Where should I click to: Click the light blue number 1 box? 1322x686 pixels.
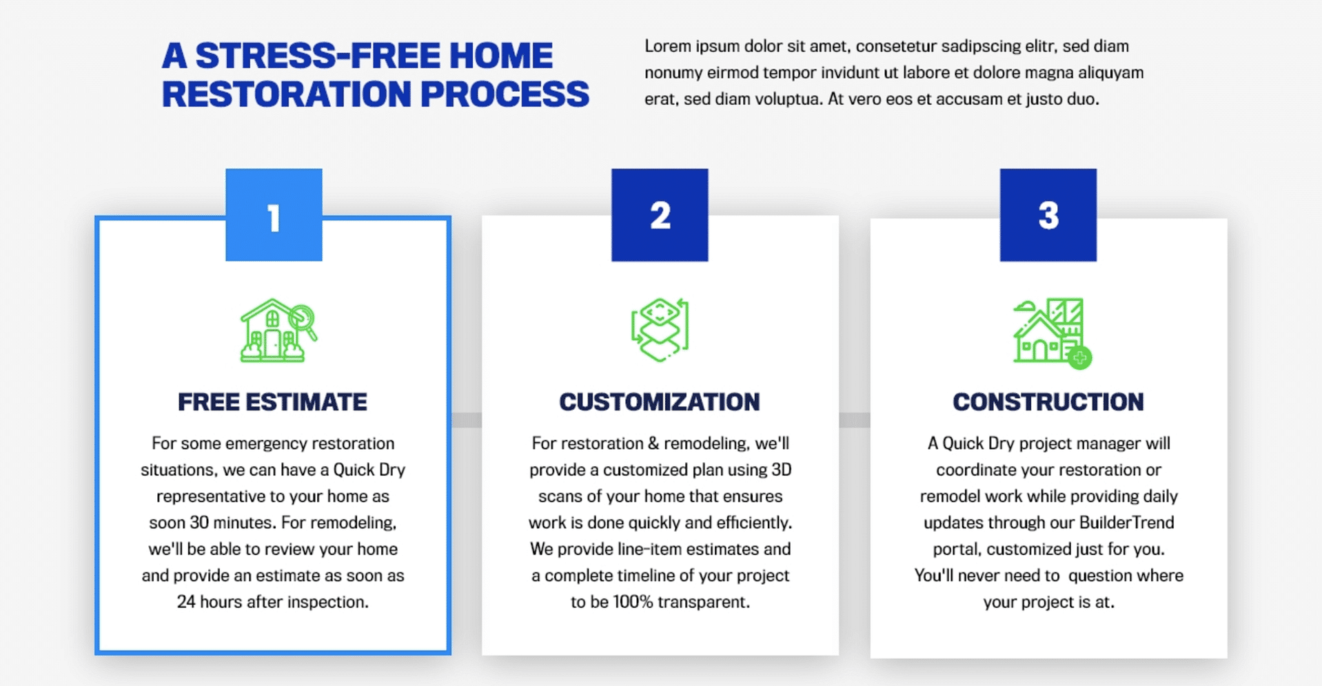(x=274, y=215)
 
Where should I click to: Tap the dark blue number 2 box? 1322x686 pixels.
(x=660, y=215)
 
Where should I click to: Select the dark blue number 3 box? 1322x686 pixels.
(x=1048, y=215)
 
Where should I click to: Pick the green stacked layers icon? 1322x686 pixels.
(x=660, y=330)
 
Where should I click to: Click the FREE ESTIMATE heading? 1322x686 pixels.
(x=272, y=402)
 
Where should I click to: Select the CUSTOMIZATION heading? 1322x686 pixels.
(x=660, y=402)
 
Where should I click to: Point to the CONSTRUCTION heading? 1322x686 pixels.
(x=1048, y=402)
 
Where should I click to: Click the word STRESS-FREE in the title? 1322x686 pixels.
(x=317, y=56)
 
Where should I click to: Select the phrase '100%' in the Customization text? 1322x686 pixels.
(x=632, y=602)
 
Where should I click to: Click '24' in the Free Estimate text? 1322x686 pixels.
(x=186, y=602)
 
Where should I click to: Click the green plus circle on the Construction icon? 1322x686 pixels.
(x=1080, y=357)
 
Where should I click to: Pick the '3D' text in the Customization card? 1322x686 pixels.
(x=781, y=470)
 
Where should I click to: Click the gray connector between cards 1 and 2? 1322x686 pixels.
(x=467, y=419)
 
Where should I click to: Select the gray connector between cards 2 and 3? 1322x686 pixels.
(x=855, y=419)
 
